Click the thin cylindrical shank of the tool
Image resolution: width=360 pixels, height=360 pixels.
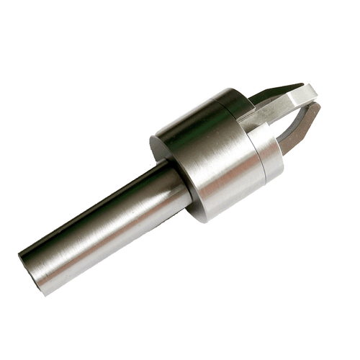tap(94, 223)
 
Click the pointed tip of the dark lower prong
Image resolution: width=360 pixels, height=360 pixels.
tap(317, 108)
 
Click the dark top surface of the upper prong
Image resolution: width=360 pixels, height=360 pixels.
tap(277, 90)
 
